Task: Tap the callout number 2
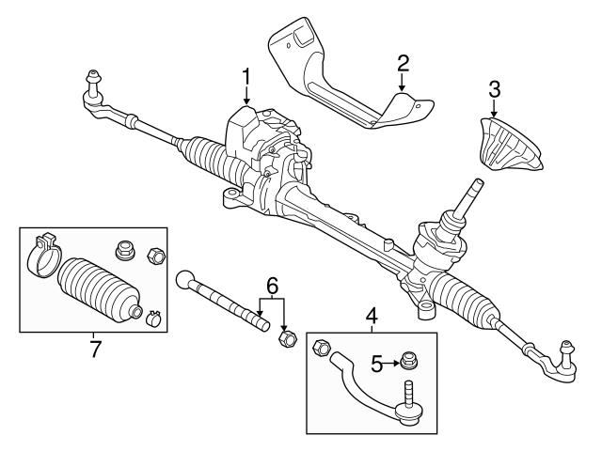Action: point(403,64)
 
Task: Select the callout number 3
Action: point(495,90)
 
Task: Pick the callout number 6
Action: point(272,284)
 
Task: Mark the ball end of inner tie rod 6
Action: point(186,278)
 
